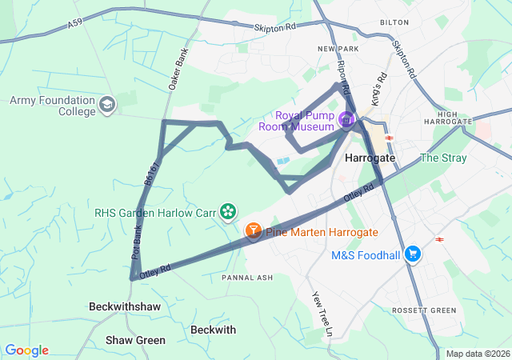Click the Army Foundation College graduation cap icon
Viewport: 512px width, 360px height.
click(x=107, y=105)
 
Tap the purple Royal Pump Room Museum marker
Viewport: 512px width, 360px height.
click(x=346, y=121)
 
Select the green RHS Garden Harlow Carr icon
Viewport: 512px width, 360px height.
click(x=229, y=212)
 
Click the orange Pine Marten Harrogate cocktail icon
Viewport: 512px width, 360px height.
click(x=253, y=231)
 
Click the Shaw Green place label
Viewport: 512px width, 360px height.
click(x=135, y=340)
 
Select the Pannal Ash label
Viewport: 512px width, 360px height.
click(x=247, y=278)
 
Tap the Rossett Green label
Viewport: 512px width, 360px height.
click(x=423, y=310)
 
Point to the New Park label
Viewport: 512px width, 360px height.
click(x=334, y=49)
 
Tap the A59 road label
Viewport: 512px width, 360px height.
click(x=74, y=26)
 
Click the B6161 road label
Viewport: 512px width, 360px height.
click(x=153, y=172)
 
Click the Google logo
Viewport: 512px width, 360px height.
click(x=26, y=350)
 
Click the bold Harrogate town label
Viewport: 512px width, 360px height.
click(x=370, y=158)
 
